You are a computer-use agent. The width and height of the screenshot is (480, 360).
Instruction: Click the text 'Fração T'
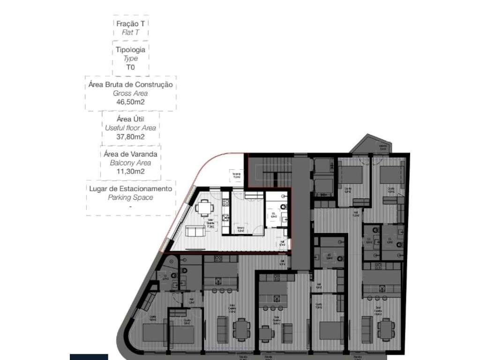(130, 23)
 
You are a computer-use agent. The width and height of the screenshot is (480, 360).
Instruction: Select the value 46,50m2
(130, 101)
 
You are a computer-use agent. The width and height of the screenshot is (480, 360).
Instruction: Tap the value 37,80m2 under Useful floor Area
(130, 136)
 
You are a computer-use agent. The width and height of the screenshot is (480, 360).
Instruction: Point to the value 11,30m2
(130, 171)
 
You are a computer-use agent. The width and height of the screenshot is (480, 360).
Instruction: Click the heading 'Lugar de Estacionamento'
(130, 189)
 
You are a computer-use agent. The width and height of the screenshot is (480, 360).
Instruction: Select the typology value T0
(130, 67)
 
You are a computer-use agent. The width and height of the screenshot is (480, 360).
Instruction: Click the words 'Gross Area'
(130, 93)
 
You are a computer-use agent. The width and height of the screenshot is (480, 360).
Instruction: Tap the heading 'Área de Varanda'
(130, 154)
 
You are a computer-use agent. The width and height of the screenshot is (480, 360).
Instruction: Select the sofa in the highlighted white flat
(195, 231)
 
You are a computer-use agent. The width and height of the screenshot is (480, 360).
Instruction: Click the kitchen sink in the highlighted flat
(225, 217)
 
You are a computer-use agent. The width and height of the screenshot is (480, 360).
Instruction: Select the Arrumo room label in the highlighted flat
(240, 229)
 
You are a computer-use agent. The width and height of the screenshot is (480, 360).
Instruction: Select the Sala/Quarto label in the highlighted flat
(211, 224)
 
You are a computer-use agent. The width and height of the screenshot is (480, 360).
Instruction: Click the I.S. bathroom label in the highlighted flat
(273, 216)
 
